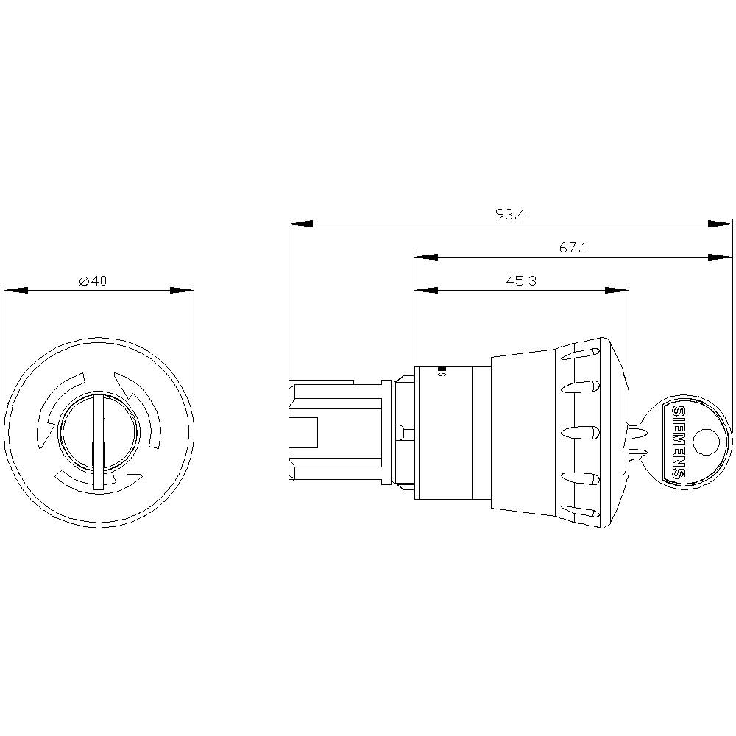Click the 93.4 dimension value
click(x=510, y=214)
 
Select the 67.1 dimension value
click(x=572, y=248)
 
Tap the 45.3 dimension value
click(x=520, y=281)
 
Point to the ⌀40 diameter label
click(x=93, y=281)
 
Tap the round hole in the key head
click(x=705, y=442)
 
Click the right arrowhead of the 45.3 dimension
click(x=617, y=291)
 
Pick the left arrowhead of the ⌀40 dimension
click(x=16, y=291)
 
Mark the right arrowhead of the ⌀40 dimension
click(x=182, y=291)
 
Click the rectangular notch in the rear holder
click(x=304, y=432)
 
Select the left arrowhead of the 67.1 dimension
click(x=426, y=257)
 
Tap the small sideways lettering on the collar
click(x=441, y=371)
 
